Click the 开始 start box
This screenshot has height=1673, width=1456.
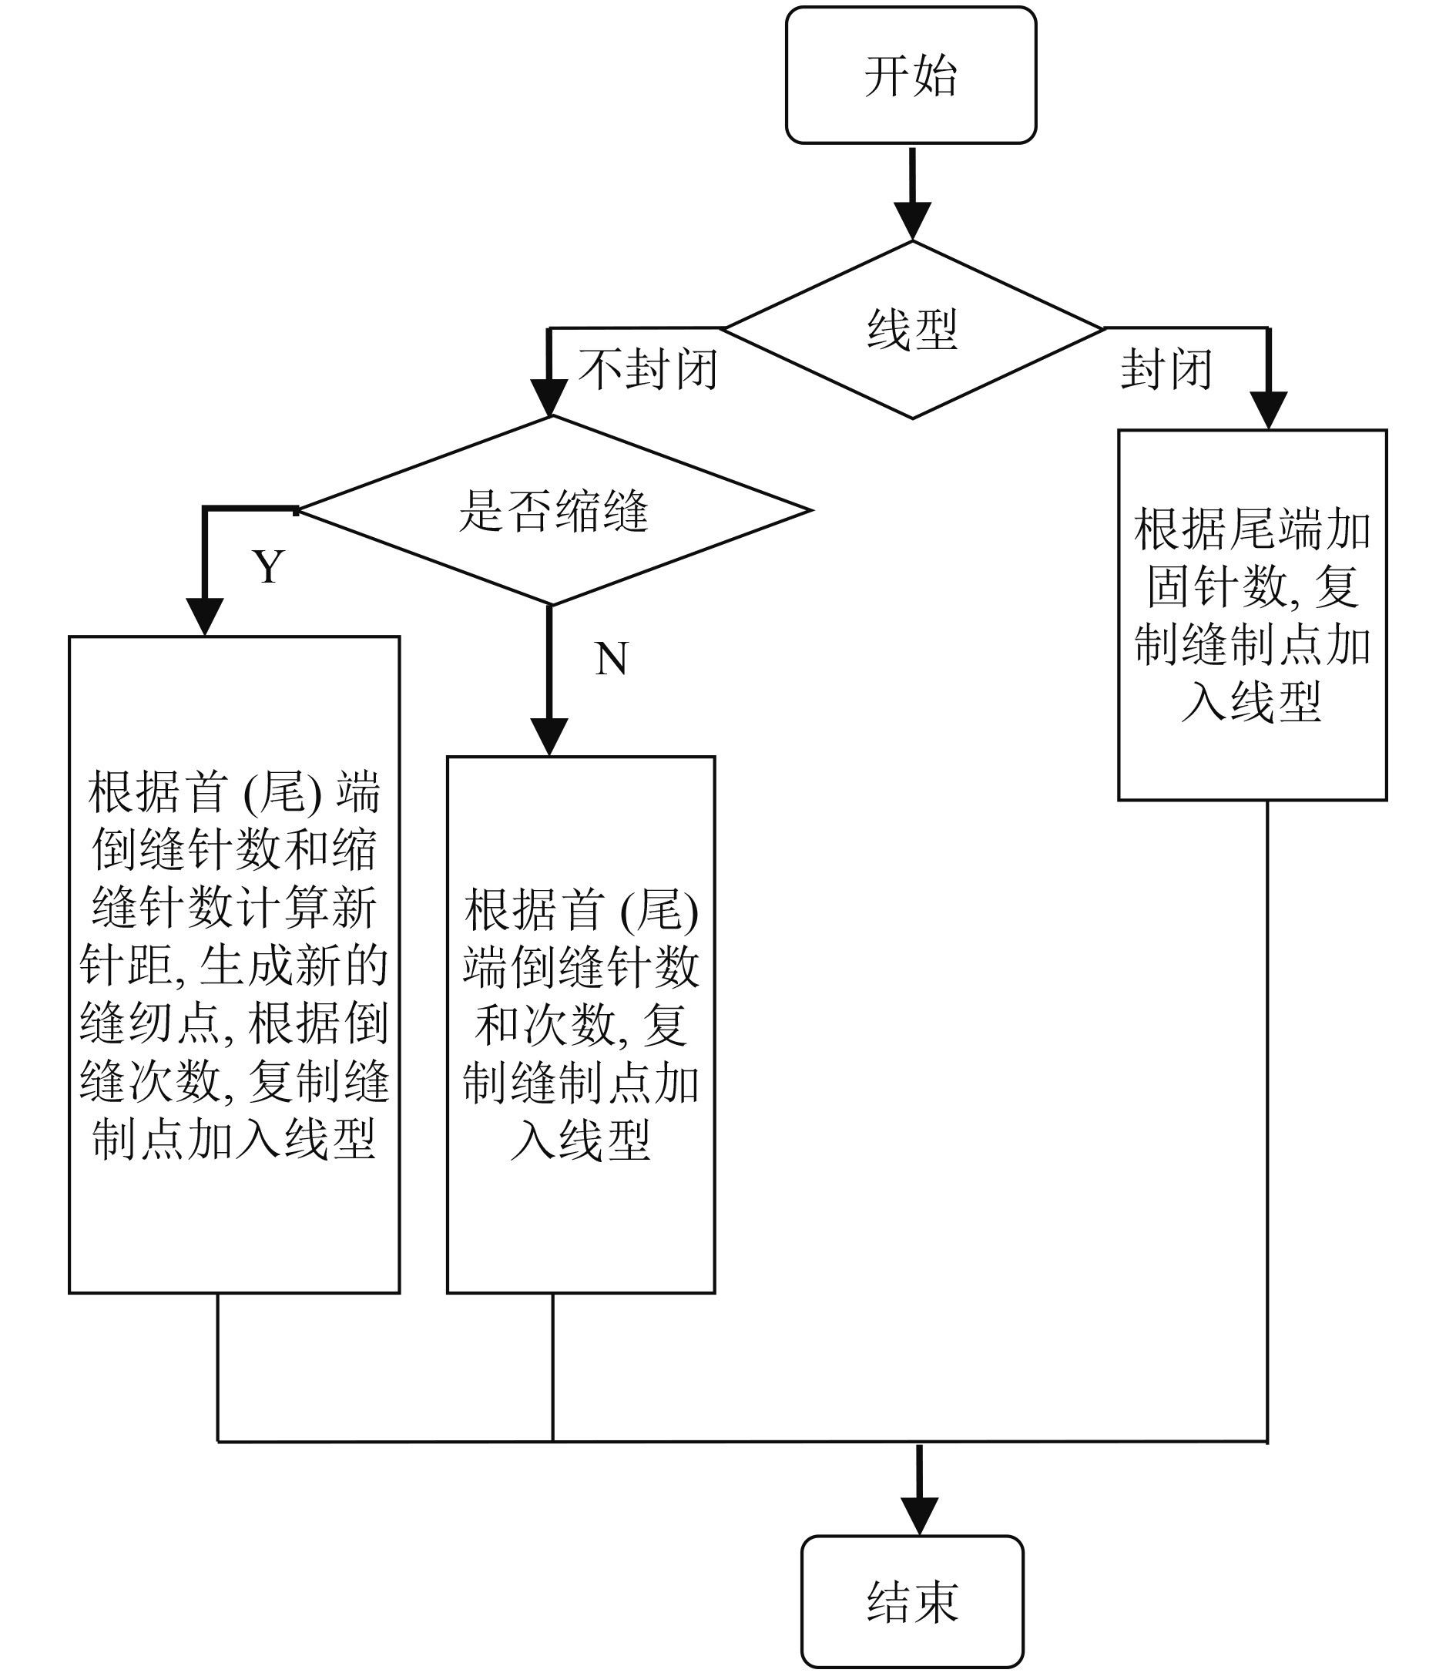pyautogui.click(x=911, y=76)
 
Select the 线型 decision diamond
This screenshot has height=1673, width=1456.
pyautogui.click(x=912, y=330)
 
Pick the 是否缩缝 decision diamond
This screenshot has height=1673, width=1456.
pyautogui.click(x=553, y=510)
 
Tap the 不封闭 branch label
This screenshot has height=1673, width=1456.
pyautogui.click(x=648, y=370)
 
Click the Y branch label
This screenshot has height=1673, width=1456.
pyautogui.click(x=268, y=566)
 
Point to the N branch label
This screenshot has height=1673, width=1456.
pyautogui.click(x=611, y=658)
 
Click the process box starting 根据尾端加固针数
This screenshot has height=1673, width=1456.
pyautogui.click(x=1252, y=615)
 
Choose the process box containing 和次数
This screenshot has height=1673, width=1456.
pyautogui.click(x=581, y=1025)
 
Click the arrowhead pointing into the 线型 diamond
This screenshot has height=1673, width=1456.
pyautogui.click(x=912, y=221)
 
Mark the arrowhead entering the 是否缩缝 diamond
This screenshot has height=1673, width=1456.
pyautogui.click(x=549, y=398)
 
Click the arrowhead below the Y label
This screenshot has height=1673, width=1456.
pyautogui.click(x=205, y=617)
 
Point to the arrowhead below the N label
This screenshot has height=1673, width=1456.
pyautogui.click(x=549, y=737)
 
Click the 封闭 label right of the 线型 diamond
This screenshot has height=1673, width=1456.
pyautogui.click(x=1167, y=370)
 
